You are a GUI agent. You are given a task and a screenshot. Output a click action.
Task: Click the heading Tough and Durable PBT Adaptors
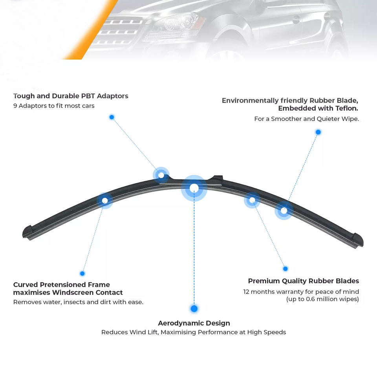pyautogui.click(x=71, y=96)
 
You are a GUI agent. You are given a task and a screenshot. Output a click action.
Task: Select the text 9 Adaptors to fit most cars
pyautogui.click(x=54, y=106)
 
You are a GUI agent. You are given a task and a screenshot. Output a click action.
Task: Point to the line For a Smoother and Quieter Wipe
pyautogui.click(x=306, y=119)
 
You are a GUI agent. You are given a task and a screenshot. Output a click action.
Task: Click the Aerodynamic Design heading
pyautogui.click(x=194, y=323)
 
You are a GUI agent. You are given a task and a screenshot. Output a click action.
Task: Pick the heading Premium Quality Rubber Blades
pyautogui.click(x=303, y=281)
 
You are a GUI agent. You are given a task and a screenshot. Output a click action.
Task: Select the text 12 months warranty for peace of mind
pyautogui.click(x=301, y=292)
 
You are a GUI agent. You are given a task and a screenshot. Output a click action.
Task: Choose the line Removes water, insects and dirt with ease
pyautogui.click(x=78, y=302)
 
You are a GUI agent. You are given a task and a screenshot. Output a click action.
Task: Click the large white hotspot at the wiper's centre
pyautogui.click(x=194, y=188)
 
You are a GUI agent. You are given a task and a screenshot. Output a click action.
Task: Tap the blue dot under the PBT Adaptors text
pyautogui.click(x=112, y=117)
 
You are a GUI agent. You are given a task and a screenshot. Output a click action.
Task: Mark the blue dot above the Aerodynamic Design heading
pyautogui.click(x=194, y=309)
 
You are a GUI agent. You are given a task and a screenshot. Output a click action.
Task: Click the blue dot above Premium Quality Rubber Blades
pyautogui.click(x=285, y=269)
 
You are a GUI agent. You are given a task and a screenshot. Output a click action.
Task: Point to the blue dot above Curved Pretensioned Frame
pyautogui.click(x=82, y=273)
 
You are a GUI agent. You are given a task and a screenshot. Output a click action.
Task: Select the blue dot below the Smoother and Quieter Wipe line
pyautogui.click(x=318, y=132)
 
